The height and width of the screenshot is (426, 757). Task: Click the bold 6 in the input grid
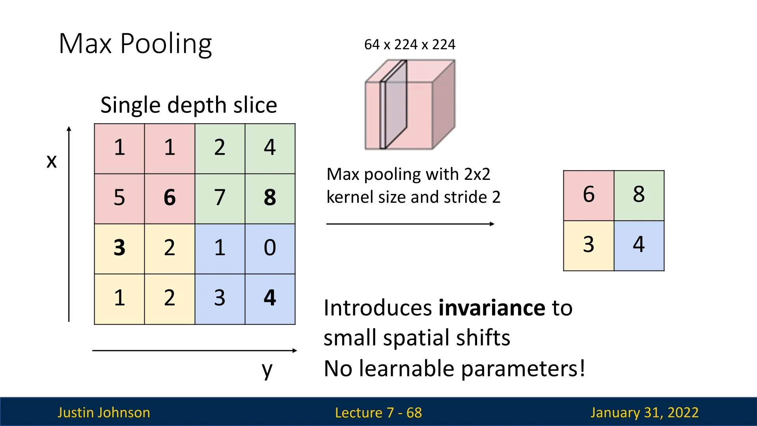click(x=170, y=198)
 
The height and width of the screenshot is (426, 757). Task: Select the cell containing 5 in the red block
click(x=119, y=198)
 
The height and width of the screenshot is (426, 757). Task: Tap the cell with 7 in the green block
click(x=220, y=198)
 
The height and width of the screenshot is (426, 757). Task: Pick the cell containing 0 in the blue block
click(x=270, y=248)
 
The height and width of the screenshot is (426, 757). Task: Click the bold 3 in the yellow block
click(x=119, y=248)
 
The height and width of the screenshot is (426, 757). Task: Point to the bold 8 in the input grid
click(x=270, y=198)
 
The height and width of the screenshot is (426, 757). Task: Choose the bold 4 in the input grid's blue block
click(x=270, y=298)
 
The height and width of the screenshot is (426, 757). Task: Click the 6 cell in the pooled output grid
click(x=588, y=195)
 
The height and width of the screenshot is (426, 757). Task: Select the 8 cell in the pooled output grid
click(x=639, y=195)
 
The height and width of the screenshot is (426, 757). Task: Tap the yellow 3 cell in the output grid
click(x=588, y=245)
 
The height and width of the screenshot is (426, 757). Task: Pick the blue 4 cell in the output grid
click(x=639, y=245)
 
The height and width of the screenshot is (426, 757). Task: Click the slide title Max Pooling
click(x=135, y=44)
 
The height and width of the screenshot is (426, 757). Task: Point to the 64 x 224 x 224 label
click(x=410, y=45)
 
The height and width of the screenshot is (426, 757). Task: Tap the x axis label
click(x=52, y=161)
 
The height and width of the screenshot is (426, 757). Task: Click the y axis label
click(x=267, y=370)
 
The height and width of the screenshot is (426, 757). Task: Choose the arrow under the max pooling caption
click(x=410, y=224)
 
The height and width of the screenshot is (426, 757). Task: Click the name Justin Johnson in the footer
click(x=104, y=413)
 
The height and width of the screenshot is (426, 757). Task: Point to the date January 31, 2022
click(x=644, y=413)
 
